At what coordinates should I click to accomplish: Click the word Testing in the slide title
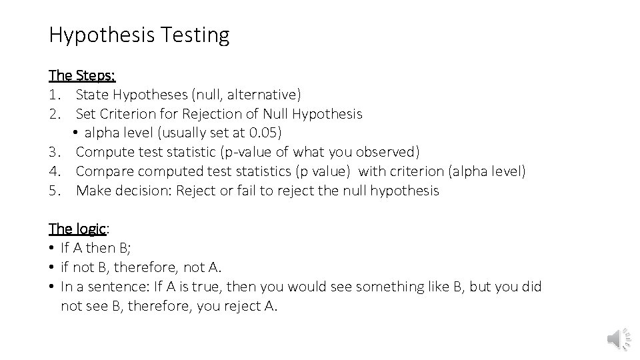click(195, 35)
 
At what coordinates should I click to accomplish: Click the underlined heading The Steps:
click(82, 75)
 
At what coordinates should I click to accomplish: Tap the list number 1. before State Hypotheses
click(55, 95)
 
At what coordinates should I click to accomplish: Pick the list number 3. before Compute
click(55, 152)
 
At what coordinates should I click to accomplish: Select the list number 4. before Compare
click(55, 171)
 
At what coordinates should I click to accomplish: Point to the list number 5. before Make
click(55, 191)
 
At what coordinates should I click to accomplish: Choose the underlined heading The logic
click(77, 229)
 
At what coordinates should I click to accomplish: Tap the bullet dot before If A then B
click(52, 249)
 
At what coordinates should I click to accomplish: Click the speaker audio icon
click(617, 339)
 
